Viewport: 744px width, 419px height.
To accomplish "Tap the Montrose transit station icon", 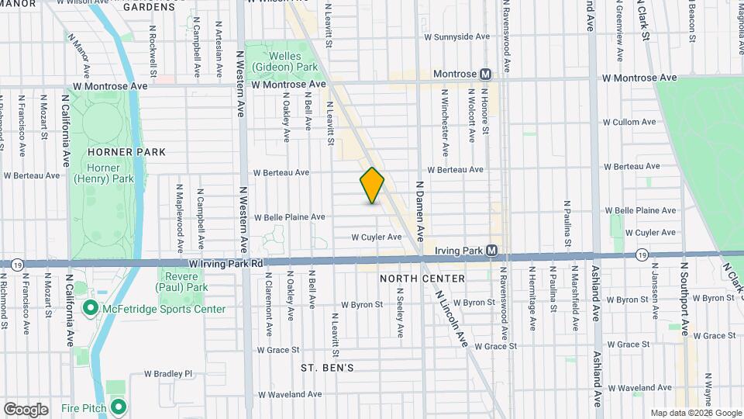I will [x=486, y=74].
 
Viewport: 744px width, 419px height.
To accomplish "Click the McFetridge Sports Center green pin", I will [x=90, y=309].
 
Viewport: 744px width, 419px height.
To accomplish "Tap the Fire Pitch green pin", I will [x=119, y=407].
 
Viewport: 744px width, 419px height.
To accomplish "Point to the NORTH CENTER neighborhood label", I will [x=422, y=279].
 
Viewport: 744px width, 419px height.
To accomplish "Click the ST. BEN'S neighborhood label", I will [x=328, y=367].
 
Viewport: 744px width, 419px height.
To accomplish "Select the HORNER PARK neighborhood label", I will [x=127, y=152].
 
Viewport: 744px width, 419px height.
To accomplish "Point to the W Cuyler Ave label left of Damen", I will [x=377, y=237].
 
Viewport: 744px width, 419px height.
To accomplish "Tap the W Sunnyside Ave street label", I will [x=457, y=36].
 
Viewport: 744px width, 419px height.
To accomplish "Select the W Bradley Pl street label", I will [x=167, y=373].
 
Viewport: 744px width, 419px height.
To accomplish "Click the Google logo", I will [x=26, y=409].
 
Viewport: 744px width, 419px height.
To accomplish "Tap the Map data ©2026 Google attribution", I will [x=696, y=413].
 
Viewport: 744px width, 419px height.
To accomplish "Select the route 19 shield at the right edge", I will [x=642, y=255].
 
